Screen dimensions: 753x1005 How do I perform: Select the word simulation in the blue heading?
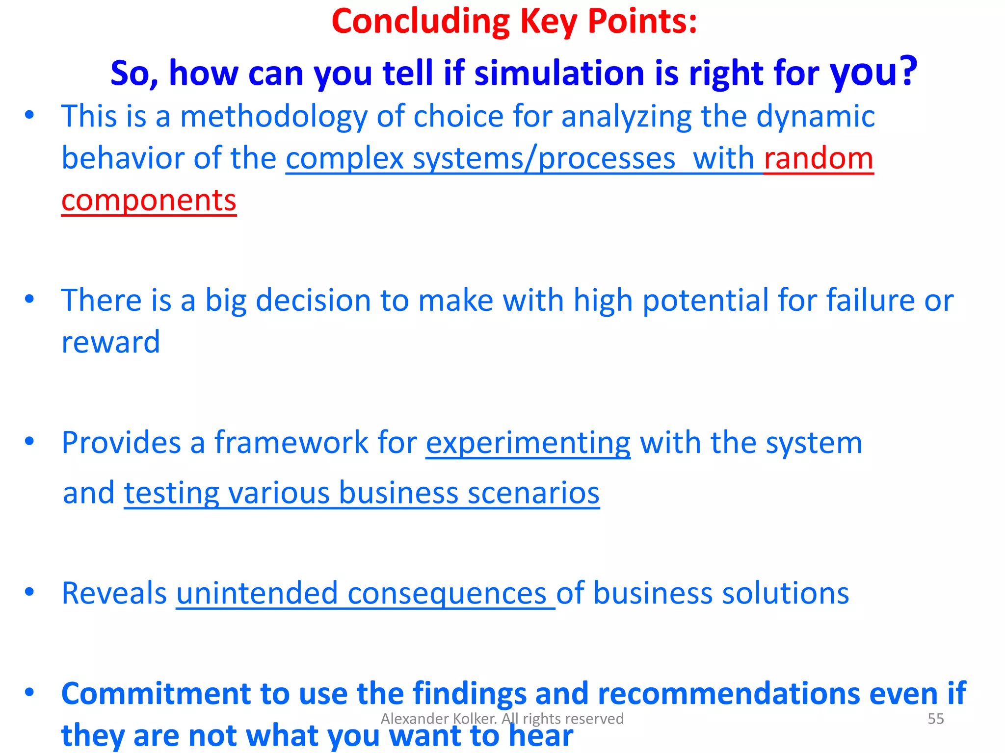pos(559,73)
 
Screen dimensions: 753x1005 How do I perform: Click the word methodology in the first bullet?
pos(273,117)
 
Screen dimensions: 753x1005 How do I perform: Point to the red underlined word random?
pos(819,159)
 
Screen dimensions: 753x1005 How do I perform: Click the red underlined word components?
pos(149,201)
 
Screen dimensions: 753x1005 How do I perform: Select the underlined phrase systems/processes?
pos(544,159)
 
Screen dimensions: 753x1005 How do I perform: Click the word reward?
pos(111,342)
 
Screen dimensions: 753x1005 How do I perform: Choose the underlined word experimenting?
pos(528,443)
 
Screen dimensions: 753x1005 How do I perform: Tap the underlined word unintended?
pos(257,593)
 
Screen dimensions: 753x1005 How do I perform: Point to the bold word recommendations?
pos(728,693)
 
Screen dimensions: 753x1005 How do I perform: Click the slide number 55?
pos(936,719)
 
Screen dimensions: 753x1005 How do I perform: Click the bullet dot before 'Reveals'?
pos(29,592)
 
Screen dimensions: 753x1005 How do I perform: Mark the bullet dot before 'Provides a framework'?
pos(29,441)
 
